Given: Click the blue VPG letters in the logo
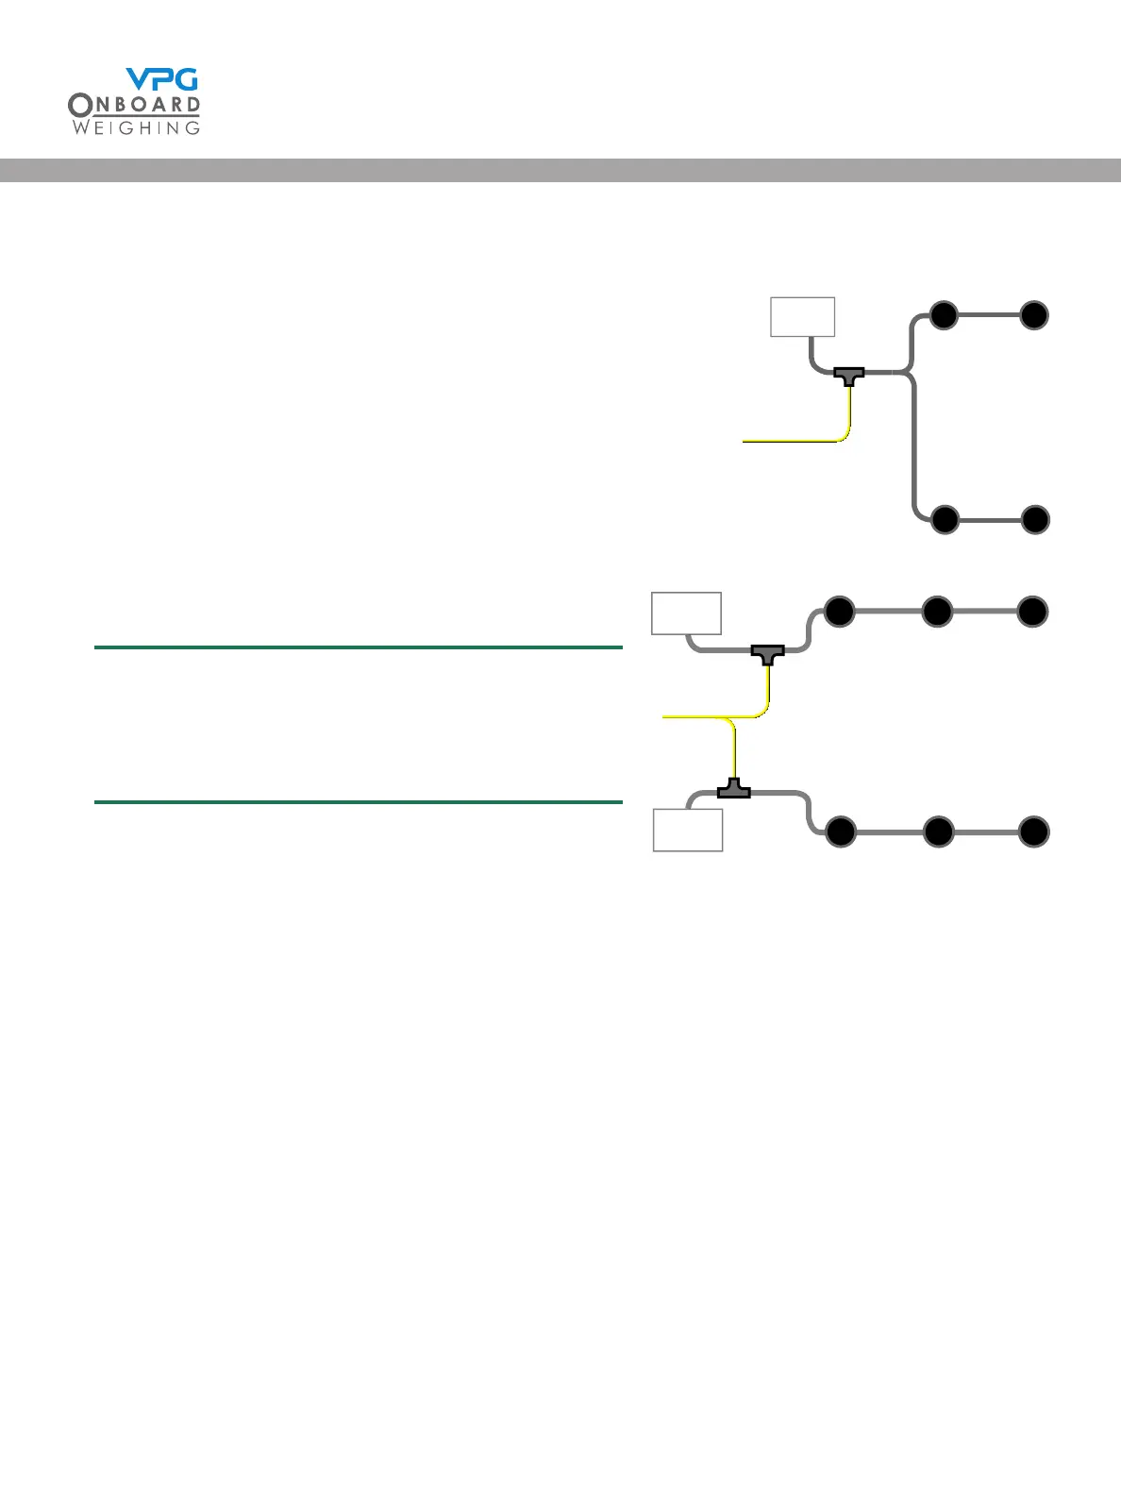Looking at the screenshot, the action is coord(162,79).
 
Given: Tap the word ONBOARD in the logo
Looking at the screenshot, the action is coord(134,106).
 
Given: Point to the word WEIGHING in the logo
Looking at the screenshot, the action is coord(136,127).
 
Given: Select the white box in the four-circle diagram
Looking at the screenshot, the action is coord(802,316).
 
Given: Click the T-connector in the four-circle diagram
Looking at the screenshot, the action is coord(849,376).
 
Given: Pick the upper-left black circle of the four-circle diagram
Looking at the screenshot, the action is coord(944,315).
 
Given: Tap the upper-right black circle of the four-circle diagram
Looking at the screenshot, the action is coord(1034,315).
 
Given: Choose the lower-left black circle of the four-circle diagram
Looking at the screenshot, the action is coord(945,520).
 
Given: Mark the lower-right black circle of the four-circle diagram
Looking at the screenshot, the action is coord(1035,520).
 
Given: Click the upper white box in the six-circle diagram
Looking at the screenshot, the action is coord(687,613).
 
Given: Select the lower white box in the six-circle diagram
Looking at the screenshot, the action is coord(688,831).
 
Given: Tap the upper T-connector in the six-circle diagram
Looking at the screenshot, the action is coord(767,652).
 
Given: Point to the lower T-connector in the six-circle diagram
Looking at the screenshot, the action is coord(734,789).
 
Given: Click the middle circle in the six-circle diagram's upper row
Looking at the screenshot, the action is coord(937,612).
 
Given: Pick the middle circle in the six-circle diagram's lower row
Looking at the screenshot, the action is coord(938,832).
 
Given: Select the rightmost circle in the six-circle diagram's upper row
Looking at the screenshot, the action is coord(1033,612).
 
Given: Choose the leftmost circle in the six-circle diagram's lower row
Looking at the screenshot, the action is coord(840,832).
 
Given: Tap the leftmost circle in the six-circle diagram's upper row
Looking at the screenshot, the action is coord(839,612).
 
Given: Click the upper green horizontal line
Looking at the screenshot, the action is coord(359,647).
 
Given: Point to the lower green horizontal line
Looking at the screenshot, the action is coord(359,802).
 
